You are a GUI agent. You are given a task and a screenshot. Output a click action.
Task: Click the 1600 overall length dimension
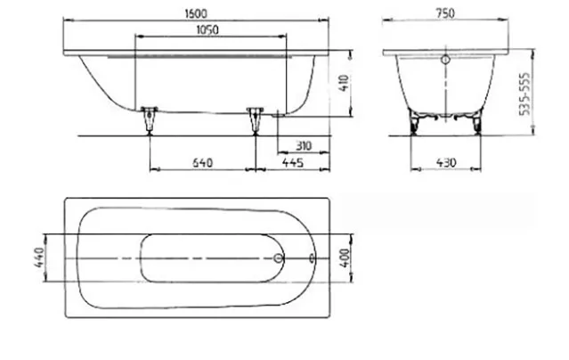click(x=196, y=13)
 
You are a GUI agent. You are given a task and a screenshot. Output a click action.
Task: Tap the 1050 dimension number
click(x=207, y=29)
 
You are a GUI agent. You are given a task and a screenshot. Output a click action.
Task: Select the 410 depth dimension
click(x=345, y=83)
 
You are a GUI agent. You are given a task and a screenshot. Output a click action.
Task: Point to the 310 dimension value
click(x=304, y=146)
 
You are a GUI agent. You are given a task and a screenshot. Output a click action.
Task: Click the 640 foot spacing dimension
click(x=202, y=163)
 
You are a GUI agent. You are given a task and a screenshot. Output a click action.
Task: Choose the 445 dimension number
click(x=293, y=162)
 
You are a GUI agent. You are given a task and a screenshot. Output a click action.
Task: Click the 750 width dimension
click(x=445, y=13)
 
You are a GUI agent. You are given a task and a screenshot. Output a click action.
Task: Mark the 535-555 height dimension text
click(x=524, y=94)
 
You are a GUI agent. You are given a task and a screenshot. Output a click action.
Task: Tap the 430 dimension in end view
click(x=445, y=162)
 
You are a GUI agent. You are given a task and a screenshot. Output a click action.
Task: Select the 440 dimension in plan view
click(x=39, y=258)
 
